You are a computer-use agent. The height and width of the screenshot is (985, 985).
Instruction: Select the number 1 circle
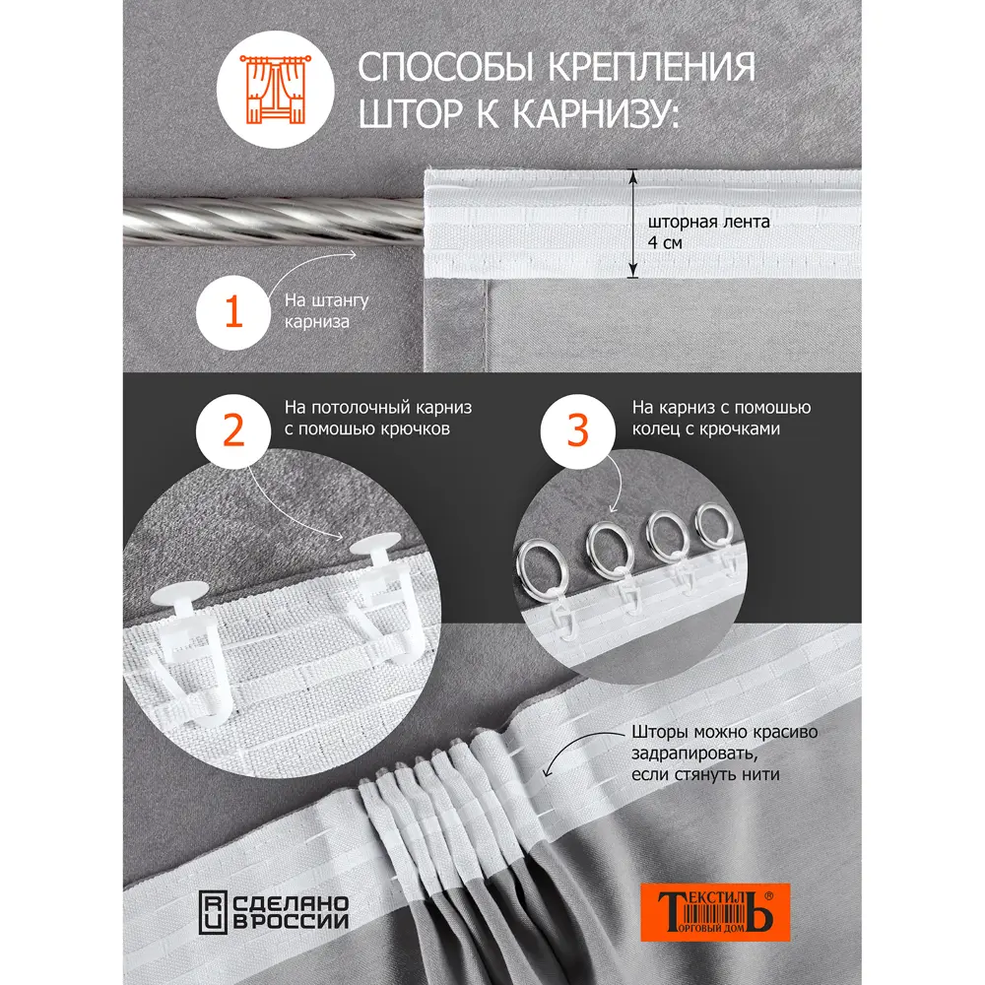click(x=234, y=313)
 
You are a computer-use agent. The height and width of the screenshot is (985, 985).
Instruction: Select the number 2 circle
click(x=234, y=430)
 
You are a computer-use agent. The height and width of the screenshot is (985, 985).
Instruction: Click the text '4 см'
click(x=667, y=241)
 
